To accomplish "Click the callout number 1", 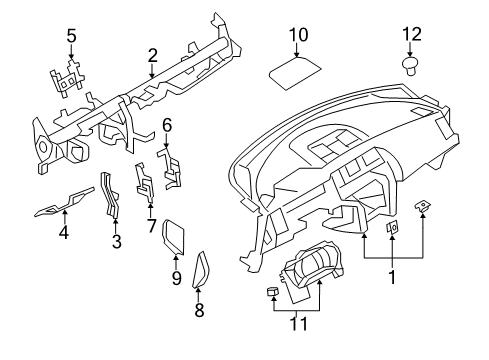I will tap(392, 277).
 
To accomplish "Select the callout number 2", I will tap(152, 54).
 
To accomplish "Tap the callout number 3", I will tap(116, 241).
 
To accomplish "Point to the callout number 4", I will tap(64, 234).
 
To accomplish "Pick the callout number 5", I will tap(71, 37).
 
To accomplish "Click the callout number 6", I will tap(167, 125).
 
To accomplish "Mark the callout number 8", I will tap(198, 310).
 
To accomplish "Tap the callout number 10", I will tap(298, 35).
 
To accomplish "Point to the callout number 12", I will tap(410, 35).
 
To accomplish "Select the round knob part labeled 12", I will tap(410, 66).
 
